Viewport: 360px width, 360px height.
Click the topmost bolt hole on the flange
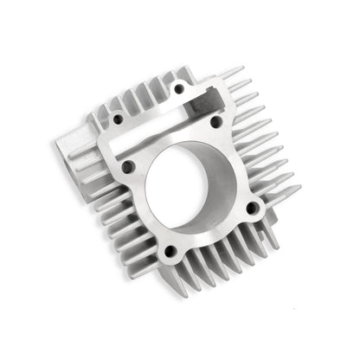pos(179,88)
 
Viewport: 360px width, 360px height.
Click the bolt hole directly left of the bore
pos(128,169)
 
